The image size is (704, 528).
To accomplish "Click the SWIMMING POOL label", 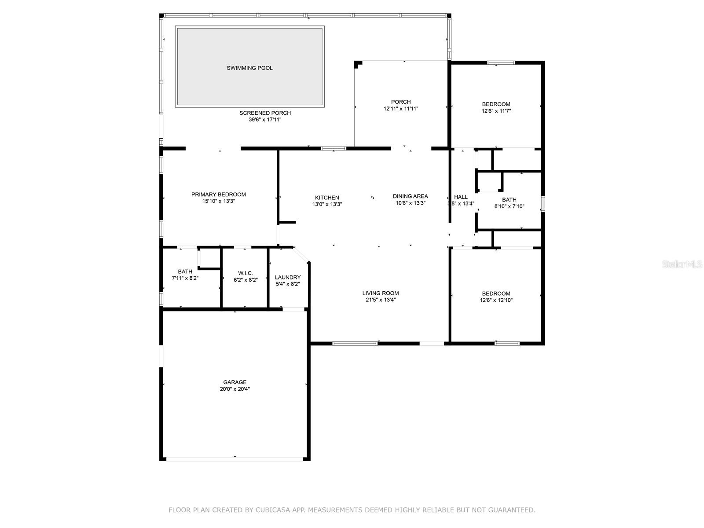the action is point(249,68).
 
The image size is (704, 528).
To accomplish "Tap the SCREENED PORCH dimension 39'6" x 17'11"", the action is point(265,120).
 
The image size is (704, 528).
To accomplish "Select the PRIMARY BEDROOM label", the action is point(218,194).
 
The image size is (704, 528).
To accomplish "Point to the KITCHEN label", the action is point(327,198).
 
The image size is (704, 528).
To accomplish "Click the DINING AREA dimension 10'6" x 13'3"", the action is point(410,203).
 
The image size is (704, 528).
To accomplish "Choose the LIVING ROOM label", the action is point(381,293).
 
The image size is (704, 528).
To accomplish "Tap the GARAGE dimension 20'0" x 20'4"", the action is point(235,389).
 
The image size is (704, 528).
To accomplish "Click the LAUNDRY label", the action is point(288,277).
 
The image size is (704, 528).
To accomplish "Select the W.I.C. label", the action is point(246,273).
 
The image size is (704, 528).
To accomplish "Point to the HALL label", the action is point(461,197).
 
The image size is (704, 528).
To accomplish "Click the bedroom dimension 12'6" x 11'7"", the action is point(496,111).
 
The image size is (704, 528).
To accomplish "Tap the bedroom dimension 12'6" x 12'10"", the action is point(496,300).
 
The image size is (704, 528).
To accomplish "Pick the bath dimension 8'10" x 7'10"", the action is point(509,206).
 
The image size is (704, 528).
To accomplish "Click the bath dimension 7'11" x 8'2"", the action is point(185,278).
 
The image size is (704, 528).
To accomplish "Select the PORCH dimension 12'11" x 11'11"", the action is point(400,109).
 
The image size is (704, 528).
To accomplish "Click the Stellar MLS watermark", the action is point(682,264).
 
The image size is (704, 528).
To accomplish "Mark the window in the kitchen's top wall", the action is point(334,148).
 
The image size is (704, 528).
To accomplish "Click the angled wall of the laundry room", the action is point(301,255).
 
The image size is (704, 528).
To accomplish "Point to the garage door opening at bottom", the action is point(235,459).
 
